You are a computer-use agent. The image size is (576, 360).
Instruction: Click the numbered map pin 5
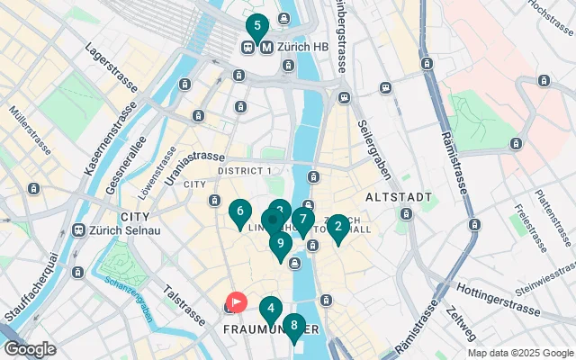258,27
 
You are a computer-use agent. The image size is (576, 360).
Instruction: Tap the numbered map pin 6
239,213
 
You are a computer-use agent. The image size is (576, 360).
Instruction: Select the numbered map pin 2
337,227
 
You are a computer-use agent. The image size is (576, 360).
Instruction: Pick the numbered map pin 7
303,219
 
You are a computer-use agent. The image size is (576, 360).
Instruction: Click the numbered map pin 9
281,243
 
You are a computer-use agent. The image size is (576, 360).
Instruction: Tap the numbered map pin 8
293,326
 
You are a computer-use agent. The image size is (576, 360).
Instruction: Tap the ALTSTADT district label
399,196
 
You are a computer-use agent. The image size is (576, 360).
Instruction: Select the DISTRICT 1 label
245,171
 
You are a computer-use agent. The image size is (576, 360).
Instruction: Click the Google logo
30,349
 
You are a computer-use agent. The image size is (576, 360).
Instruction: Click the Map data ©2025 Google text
519,353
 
